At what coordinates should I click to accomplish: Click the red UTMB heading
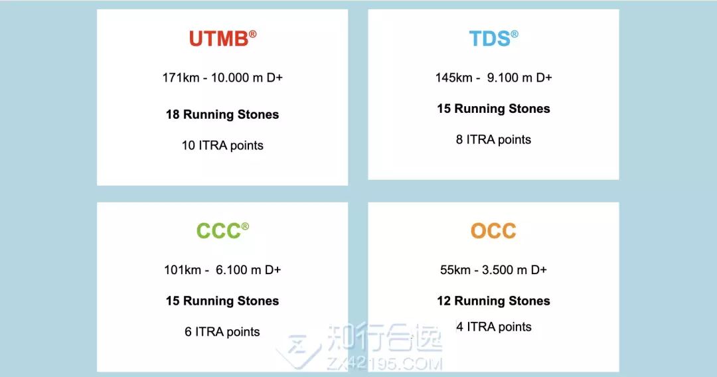point(219,39)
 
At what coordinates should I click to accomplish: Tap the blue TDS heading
point(490,39)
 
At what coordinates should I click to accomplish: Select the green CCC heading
point(218,231)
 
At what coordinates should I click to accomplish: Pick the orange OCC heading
point(493,231)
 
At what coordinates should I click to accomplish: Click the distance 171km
point(181,78)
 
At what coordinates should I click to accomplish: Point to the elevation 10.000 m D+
point(247,78)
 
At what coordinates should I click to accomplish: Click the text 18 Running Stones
point(222,114)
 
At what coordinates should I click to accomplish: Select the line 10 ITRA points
point(222,145)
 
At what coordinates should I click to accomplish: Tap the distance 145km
point(453,78)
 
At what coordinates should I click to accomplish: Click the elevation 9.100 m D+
point(519,78)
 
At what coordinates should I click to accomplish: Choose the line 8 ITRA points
point(493,139)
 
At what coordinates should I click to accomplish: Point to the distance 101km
point(183,270)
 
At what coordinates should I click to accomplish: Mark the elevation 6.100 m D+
point(248,270)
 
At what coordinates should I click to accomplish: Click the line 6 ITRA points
point(222,332)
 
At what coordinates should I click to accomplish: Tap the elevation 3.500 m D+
point(515,270)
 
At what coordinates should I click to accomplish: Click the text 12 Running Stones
point(493,301)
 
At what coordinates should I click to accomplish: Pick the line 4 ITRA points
point(494,327)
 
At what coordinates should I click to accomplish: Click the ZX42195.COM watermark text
point(384,364)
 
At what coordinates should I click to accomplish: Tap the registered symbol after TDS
point(515,34)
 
